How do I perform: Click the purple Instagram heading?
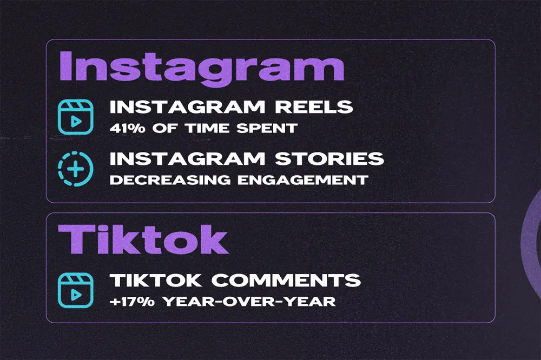point(201,67)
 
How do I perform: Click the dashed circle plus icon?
point(76,169)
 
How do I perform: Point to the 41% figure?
point(126,129)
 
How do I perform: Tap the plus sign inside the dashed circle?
point(76,169)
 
